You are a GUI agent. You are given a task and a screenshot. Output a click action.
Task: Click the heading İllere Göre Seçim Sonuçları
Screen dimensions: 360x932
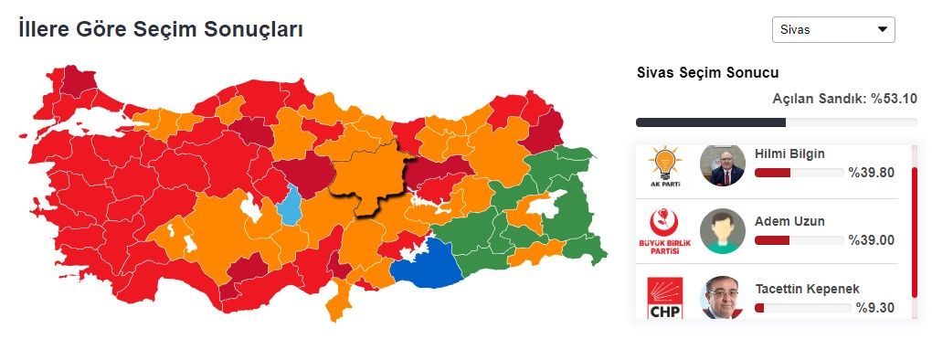[x=161, y=29]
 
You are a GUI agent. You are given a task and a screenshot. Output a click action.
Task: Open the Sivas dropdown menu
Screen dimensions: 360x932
[x=832, y=29]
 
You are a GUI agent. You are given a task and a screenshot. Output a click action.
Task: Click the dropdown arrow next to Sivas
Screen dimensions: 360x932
[x=882, y=29]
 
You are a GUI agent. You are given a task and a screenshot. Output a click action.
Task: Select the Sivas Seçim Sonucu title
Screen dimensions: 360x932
[x=707, y=73]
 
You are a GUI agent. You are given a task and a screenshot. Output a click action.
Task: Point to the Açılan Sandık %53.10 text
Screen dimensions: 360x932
[x=844, y=99]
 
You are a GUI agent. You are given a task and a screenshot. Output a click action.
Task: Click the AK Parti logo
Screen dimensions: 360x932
[x=666, y=165]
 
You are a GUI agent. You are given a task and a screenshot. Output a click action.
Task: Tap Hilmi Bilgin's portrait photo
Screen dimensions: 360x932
[x=722, y=165]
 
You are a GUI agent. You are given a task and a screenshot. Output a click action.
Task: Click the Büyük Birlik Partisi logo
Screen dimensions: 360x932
[x=666, y=232]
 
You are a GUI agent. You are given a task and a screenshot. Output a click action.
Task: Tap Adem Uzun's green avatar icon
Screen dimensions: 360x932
[x=722, y=232]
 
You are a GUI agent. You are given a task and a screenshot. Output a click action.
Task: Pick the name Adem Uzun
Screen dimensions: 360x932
[x=790, y=221]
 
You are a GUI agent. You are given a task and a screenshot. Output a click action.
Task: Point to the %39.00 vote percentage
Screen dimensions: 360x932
[x=871, y=239]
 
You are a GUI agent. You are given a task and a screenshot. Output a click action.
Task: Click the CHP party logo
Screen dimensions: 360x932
[x=666, y=299]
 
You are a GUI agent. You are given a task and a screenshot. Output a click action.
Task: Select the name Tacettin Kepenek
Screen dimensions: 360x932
[x=807, y=289]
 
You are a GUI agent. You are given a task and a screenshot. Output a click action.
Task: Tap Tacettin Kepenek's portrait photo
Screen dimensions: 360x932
[x=722, y=299]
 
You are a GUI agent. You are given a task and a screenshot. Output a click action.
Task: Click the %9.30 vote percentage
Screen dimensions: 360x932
[x=874, y=308]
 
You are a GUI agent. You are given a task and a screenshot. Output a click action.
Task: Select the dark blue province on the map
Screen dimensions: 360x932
[x=428, y=262]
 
